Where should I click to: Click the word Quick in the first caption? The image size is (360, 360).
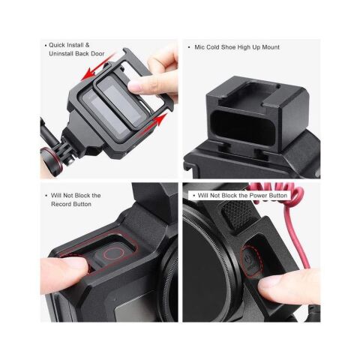click(59, 45)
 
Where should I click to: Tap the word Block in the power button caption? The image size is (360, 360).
click(226, 196)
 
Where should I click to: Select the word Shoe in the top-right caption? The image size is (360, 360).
click(236, 46)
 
